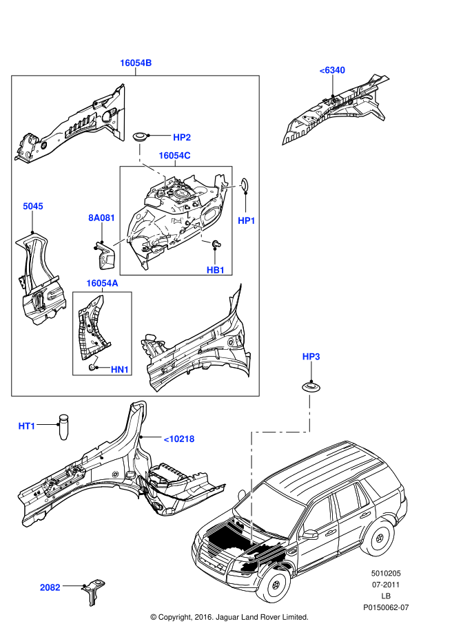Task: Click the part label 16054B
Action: tap(135, 63)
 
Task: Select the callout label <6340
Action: tap(331, 70)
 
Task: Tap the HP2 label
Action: tap(182, 137)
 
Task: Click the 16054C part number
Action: tap(174, 156)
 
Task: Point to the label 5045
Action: tap(32, 206)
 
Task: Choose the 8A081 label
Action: tap(101, 218)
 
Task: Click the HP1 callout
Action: tap(247, 220)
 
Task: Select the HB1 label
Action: tap(216, 270)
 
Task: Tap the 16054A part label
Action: tap(102, 283)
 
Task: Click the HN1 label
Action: tap(120, 370)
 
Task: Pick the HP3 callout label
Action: tap(311, 356)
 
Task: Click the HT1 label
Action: tap(27, 426)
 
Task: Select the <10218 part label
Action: tap(178, 438)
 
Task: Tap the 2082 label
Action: tap(50, 587)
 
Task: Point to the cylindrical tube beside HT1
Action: tap(64, 426)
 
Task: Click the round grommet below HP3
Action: tap(311, 386)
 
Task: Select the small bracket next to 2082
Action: tap(91, 590)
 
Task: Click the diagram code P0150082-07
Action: tap(386, 607)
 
